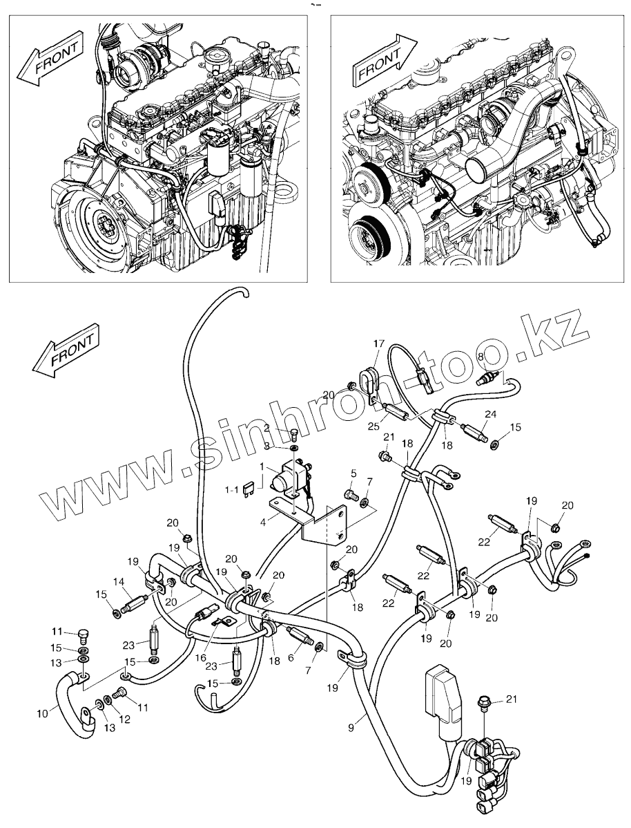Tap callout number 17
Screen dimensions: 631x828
380,344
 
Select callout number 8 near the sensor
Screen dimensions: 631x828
480,357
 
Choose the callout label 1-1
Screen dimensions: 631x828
231,490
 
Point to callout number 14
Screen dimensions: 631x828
119,582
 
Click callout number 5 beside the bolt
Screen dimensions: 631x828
354,472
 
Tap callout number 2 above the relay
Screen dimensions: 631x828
267,427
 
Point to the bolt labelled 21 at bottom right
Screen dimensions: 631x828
483,704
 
